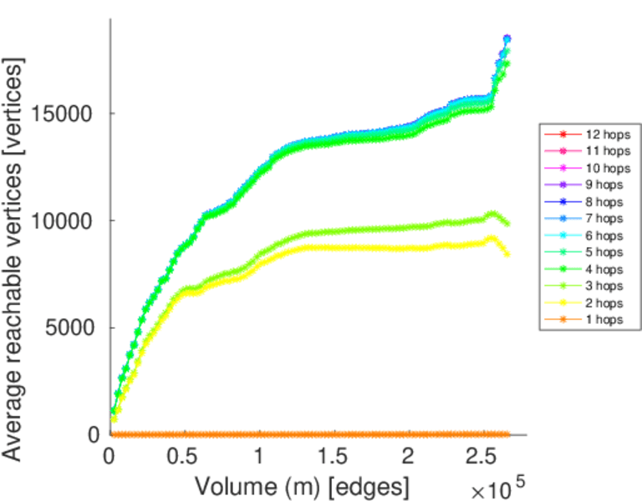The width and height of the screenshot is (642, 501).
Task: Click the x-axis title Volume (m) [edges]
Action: (302, 484)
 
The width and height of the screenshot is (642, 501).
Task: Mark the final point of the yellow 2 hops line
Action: (507, 253)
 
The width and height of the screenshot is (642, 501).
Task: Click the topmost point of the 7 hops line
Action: (507, 39)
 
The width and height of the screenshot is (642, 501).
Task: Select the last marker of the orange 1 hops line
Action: (507, 434)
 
